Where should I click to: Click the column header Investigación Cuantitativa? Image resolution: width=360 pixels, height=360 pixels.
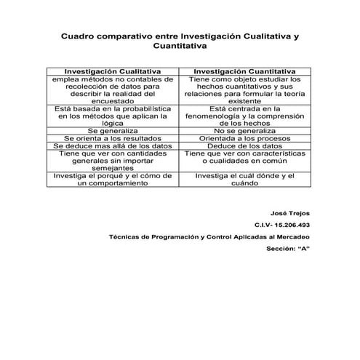[x=244, y=71]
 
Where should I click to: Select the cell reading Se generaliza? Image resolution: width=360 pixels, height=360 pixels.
[x=113, y=130]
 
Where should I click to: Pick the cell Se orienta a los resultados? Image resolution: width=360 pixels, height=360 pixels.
[x=113, y=138]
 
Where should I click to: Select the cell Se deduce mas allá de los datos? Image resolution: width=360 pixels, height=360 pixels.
[x=113, y=146]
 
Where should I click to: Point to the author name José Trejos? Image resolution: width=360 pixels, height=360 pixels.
[x=289, y=213]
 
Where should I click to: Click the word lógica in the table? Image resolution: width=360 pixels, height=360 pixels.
[x=113, y=123]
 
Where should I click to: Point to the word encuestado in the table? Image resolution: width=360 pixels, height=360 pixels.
[x=113, y=101]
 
